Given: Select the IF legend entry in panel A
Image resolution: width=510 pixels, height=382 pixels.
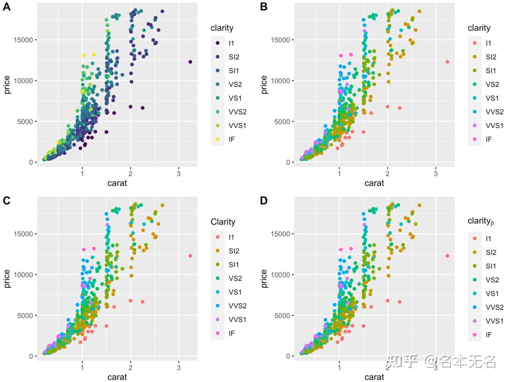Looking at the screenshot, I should tap(231, 139).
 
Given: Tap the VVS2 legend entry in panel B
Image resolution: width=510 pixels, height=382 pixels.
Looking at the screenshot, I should tap(494, 112).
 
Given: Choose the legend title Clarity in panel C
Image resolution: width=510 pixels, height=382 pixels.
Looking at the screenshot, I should tap(223, 222).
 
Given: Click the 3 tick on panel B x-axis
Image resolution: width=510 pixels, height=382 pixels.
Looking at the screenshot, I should tap(436, 174).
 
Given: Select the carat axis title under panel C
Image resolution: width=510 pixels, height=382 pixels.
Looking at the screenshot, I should tap(117, 377).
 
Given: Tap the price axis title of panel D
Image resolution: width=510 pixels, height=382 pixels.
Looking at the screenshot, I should tap(264, 278).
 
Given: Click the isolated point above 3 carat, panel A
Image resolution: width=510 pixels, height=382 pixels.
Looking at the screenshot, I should tap(190, 62).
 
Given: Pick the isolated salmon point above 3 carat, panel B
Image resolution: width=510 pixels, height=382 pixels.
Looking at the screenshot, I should tap(447, 62).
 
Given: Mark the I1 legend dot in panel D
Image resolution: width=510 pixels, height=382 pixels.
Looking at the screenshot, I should tap(475, 238).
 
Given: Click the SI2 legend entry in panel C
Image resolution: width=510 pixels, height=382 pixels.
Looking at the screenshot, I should tap(234, 251).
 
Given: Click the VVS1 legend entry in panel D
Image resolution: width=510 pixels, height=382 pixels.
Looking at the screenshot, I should tap(494, 321).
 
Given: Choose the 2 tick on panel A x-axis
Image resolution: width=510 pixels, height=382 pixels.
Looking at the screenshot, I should tap(130, 174).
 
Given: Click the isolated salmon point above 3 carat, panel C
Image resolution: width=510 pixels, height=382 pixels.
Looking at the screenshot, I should tap(190, 256).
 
